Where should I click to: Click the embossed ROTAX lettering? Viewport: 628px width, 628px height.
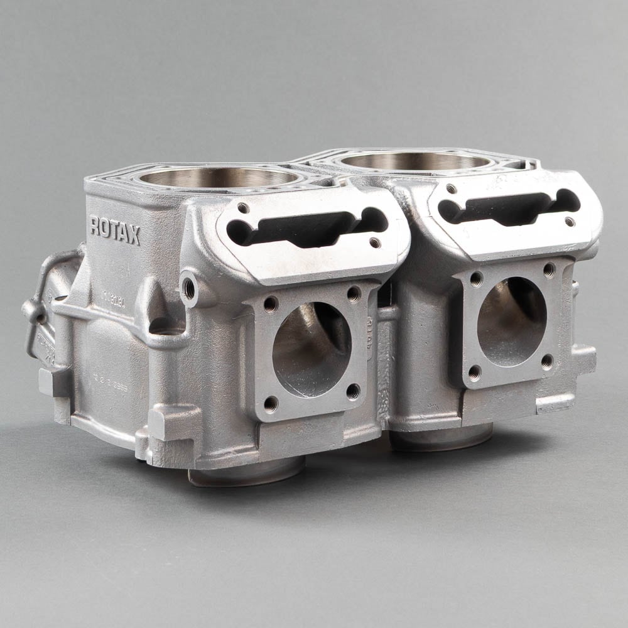(x=115, y=230)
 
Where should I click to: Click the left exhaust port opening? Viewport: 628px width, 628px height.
(x=311, y=349)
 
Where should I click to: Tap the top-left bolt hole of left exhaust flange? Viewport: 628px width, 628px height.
(x=271, y=304)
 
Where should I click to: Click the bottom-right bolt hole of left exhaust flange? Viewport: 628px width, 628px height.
(x=353, y=391)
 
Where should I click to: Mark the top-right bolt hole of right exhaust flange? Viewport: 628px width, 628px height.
(x=549, y=269)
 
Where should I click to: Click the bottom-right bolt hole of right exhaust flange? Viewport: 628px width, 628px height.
(x=547, y=360)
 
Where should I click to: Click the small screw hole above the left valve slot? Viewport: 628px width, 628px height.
(x=243, y=208)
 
